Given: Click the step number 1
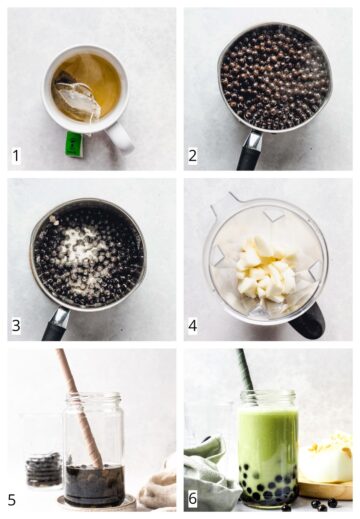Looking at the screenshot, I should click(15, 156).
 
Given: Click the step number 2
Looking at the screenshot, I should click(193, 156).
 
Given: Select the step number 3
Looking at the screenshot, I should click(15, 326).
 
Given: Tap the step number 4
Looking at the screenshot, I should click(193, 326).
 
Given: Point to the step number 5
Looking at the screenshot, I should click(14, 498).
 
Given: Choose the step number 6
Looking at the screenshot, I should click(193, 498).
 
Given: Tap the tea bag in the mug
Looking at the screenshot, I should click(76, 99).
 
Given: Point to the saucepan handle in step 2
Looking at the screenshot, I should click(247, 156).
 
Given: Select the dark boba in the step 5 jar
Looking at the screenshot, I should click(94, 484).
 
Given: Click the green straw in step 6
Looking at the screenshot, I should click(243, 370).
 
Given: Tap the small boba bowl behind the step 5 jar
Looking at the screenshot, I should click(43, 470).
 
